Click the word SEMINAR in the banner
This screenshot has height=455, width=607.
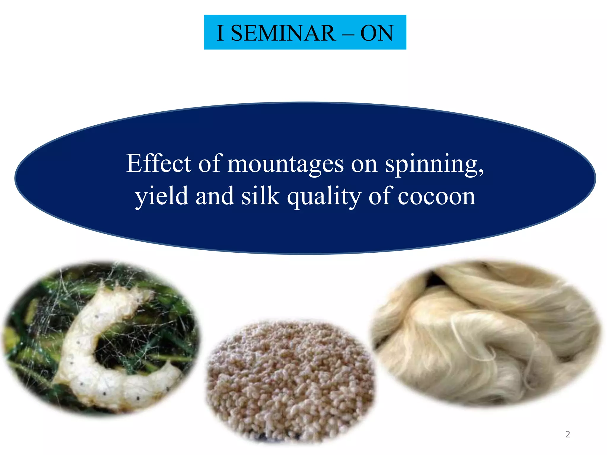[x=283, y=33]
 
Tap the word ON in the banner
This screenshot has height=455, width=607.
[x=377, y=33]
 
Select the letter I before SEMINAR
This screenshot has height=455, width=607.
[x=220, y=33]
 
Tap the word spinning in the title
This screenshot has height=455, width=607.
[x=431, y=165]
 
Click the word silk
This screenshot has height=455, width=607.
[x=260, y=196]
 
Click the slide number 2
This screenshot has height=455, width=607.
[x=568, y=434]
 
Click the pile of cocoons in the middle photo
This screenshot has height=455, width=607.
[x=290, y=379]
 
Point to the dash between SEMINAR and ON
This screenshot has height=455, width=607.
[x=348, y=33]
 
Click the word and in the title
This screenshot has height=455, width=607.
[x=215, y=196]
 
